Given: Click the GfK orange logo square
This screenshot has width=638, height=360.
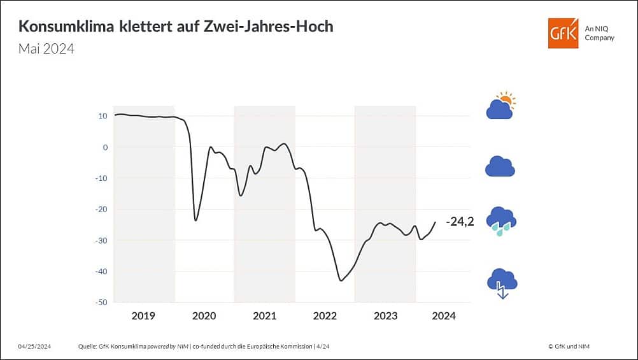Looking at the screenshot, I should pos(564,33).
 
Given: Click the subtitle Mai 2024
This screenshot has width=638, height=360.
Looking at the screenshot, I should pos(46,48).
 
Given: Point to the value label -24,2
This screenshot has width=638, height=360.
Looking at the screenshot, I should pos(459,222).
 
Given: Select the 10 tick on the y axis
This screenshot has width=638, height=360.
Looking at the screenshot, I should pos(103,116).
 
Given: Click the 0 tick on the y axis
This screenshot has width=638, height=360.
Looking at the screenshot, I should pos(105,147).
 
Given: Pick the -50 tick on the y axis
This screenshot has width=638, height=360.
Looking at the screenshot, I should pos(101,302).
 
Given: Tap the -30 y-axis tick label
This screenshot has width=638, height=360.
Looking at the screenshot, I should pos(101,240).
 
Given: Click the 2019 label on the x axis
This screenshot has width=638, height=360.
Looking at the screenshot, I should pos(143,316).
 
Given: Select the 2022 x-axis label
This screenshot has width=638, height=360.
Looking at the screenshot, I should pos(325,316).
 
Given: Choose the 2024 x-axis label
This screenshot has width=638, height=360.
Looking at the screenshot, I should pos(444,316).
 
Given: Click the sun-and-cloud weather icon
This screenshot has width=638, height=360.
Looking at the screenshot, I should pos(500,106).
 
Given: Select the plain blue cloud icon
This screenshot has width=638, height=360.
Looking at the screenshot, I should pos(500,166).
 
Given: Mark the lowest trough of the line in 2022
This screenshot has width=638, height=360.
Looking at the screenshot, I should pos(341,280).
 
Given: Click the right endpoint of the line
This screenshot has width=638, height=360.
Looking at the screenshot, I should pos(436,222).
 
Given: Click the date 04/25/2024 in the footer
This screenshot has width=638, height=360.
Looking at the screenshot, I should pos(34,346).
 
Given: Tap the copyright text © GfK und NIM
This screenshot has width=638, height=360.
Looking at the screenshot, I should pos(572,346).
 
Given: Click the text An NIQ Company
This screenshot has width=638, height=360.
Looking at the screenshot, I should pos(599,33).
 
